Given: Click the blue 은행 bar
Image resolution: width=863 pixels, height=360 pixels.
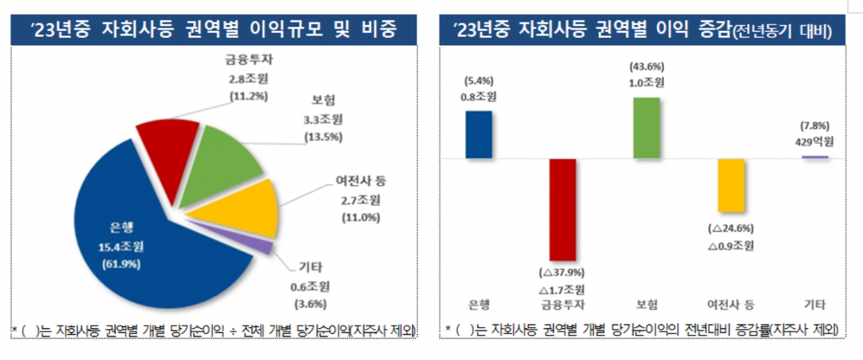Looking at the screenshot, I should (x=479, y=134).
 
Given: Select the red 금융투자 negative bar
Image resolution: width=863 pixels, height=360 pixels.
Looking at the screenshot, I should (x=563, y=209).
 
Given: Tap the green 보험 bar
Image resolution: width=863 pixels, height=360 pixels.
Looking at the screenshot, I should (x=646, y=127).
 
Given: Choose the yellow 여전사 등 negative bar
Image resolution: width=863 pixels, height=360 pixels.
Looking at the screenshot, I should (x=730, y=185).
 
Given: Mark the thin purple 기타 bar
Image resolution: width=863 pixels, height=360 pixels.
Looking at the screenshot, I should (x=815, y=157).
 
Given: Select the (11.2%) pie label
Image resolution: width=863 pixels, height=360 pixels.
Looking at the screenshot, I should (x=248, y=95).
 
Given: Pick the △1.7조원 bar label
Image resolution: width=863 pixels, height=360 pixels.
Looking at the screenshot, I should (x=562, y=289).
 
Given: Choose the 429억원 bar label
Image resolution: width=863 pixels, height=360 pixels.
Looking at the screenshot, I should (x=815, y=140).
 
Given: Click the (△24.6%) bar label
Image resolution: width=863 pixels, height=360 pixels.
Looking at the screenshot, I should (x=730, y=228).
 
